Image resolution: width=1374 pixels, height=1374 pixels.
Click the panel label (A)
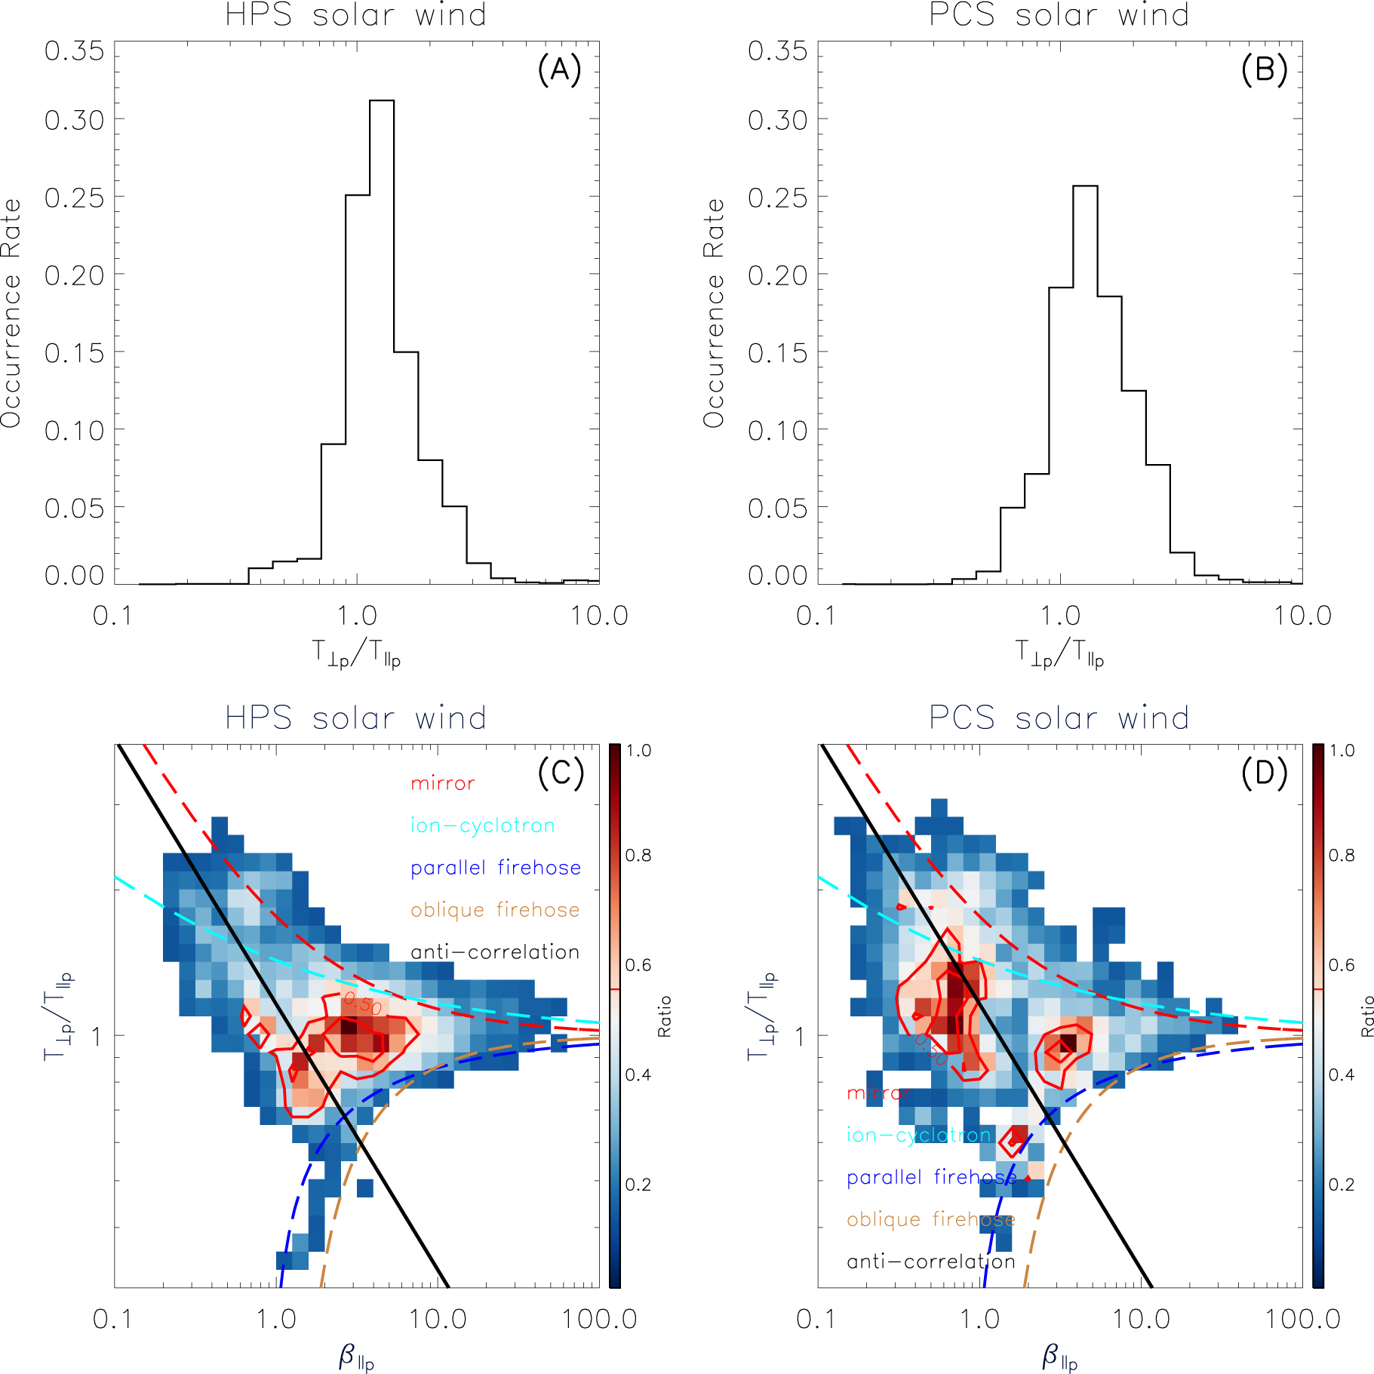pyautogui.click(x=559, y=70)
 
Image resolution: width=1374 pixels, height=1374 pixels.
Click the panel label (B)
pyautogui.click(x=1264, y=70)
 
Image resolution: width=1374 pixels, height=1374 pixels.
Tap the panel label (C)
pyautogui.click(x=561, y=773)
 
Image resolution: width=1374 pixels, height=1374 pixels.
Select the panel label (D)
pyautogui.click(x=1264, y=773)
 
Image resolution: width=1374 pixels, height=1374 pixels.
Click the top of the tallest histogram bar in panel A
pyautogui.click(x=382, y=100)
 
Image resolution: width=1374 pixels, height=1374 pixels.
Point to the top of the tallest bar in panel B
pyautogui.click(x=1085, y=186)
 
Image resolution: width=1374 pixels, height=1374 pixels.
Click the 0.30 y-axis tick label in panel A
pyautogui.click(x=74, y=120)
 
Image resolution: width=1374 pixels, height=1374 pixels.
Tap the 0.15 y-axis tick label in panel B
pyautogui.click(x=777, y=353)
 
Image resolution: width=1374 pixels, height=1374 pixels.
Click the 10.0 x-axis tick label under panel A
pyautogui.click(x=598, y=616)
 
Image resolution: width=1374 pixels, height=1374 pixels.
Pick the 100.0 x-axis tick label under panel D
pyautogui.click(x=1302, y=1320)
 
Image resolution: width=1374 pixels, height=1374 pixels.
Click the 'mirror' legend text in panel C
pyautogui.click(x=443, y=783)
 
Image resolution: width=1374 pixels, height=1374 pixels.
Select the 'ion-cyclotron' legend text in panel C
pyautogui.click(x=483, y=825)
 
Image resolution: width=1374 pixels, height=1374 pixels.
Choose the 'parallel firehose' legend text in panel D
pyautogui.click(x=931, y=1177)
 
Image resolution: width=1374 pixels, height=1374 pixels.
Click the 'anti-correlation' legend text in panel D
pyautogui.click(x=931, y=1262)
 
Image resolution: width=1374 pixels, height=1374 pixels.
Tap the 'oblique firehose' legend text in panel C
pyautogui.click(x=495, y=910)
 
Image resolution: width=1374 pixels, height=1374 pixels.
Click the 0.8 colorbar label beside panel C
pyautogui.click(x=638, y=856)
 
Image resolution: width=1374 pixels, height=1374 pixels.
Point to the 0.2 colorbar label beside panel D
pyautogui.click(x=1342, y=1185)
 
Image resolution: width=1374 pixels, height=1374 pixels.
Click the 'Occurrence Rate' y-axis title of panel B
pyautogui.click(x=713, y=313)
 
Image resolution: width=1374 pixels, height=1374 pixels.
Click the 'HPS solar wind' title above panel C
pyautogui.click(x=356, y=718)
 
